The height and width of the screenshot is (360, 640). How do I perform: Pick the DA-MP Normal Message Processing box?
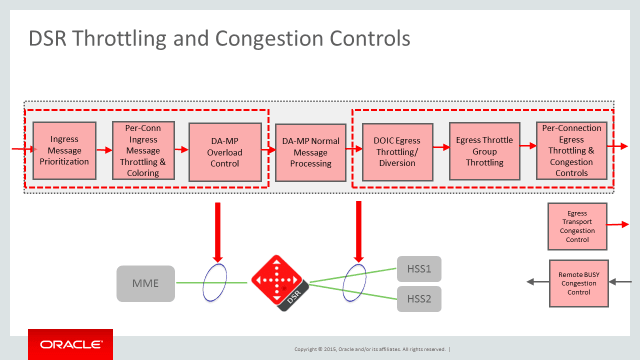310,151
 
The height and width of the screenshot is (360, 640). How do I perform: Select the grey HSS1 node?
418,269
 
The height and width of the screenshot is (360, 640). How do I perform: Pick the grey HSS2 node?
418,298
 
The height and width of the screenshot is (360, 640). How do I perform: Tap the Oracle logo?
70,344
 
